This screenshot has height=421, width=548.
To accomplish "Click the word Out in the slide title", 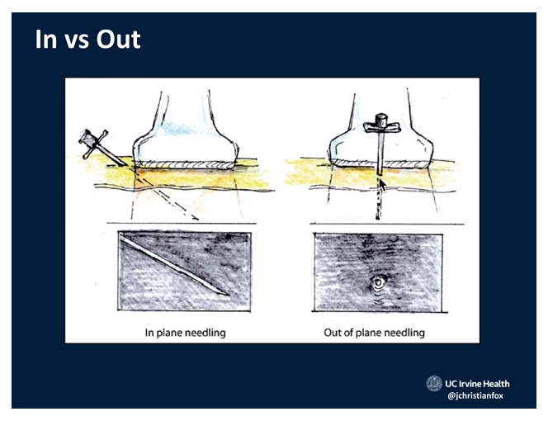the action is pos(119,39).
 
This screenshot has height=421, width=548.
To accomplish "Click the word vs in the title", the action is pos(77,41).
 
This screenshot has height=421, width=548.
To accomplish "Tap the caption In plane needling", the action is pos(185,333).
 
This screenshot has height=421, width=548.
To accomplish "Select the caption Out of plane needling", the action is pos(375,333).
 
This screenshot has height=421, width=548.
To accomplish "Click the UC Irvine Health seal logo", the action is pos(434,384).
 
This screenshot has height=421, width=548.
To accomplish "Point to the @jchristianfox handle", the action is pos(475,396).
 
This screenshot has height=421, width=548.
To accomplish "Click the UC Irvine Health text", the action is pos(477,384).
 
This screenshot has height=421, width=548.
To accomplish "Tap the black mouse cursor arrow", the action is pos(383,185).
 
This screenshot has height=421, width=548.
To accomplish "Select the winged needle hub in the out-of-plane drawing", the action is pos(381,124).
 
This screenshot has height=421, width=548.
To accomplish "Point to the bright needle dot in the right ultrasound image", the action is pos(378,281).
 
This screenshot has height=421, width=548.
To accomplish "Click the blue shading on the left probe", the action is pos(177,128).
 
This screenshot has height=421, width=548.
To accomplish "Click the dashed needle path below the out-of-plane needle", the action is pos(378,197).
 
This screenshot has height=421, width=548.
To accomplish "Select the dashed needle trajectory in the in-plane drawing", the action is pos(167,194).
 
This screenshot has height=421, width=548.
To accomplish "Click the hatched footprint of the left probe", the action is pos(185,165).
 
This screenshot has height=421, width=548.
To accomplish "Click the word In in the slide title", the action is pos(45,39).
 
